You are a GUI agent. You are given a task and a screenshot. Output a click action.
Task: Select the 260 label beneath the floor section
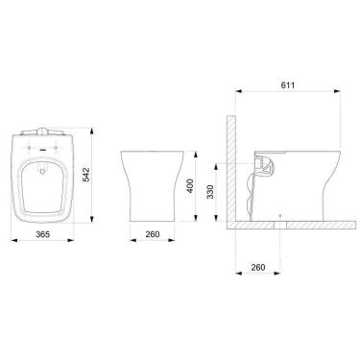tap(258, 266)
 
